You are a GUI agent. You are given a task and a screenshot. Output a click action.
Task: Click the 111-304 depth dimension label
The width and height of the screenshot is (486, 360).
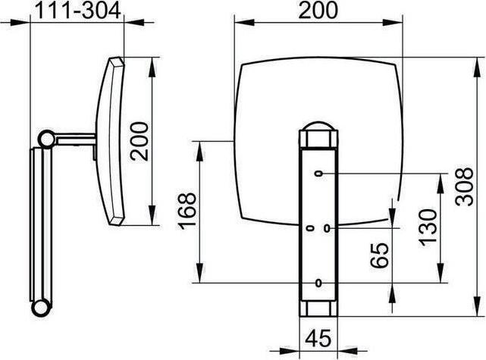[x=78, y=11]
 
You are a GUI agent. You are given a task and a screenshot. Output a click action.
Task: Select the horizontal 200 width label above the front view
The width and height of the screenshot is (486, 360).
[x=318, y=10]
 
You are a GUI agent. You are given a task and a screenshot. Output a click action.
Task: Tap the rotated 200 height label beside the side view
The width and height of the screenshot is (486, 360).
[x=140, y=141]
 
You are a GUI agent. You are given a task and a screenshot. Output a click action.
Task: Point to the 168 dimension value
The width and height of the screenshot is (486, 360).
[x=187, y=211]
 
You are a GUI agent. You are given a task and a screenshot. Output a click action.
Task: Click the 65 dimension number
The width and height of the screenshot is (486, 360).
[x=379, y=255]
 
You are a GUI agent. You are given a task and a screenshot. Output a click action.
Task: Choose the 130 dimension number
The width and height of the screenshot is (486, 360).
[x=428, y=228]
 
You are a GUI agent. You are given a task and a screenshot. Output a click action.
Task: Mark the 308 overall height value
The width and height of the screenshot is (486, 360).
[x=464, y=186]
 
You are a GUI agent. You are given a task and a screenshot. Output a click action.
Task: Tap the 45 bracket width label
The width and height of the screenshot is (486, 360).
[x=318, y=338]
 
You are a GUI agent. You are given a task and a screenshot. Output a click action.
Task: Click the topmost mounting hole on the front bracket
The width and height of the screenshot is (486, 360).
[x=318, y=174]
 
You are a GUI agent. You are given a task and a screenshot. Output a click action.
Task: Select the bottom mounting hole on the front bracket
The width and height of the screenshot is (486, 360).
[x=318, y=283]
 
